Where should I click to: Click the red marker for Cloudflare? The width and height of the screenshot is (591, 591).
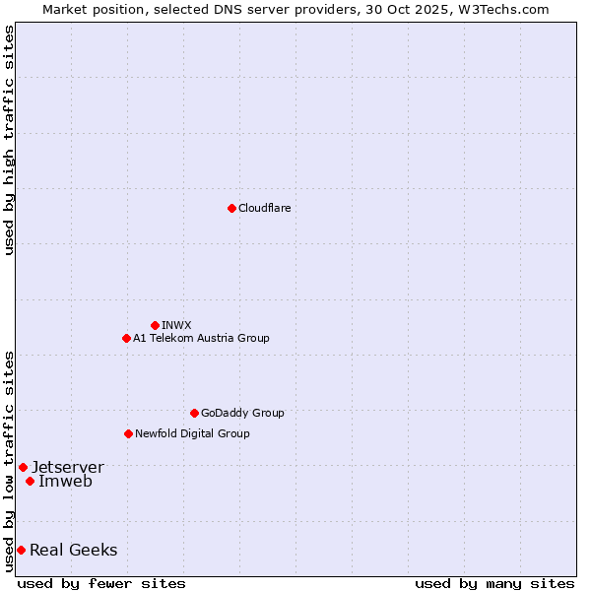(231, 208)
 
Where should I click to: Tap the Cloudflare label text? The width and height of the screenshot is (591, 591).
(264, 208)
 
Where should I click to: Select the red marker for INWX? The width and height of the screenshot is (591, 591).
(155, 325)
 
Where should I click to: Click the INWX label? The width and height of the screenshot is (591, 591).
(176, 325)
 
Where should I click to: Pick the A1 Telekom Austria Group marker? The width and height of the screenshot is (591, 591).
(126, 338)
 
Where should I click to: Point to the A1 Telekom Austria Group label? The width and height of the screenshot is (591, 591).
(201, 338)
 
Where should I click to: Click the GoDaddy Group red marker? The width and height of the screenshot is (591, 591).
(194, 413)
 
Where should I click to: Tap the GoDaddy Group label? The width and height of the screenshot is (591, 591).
(241, 413)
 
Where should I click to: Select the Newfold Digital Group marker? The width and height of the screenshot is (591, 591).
(128, 433)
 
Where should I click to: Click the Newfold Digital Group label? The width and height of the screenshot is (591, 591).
(192, 433)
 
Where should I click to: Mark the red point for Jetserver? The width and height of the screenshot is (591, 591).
(23, 467)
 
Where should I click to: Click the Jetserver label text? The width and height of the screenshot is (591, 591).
(67, 467)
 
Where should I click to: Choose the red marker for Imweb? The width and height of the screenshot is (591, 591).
(31, 481)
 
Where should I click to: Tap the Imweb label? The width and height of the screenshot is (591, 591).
(65, 481)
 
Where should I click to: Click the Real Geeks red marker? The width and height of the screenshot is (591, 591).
(21, 550)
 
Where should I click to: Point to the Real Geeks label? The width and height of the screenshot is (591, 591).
(73, 550)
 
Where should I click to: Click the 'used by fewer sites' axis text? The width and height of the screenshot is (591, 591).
(101, 583)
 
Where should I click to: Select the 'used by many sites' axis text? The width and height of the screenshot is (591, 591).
(494, 583)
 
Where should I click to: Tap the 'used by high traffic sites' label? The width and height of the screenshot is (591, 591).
(9, 140)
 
